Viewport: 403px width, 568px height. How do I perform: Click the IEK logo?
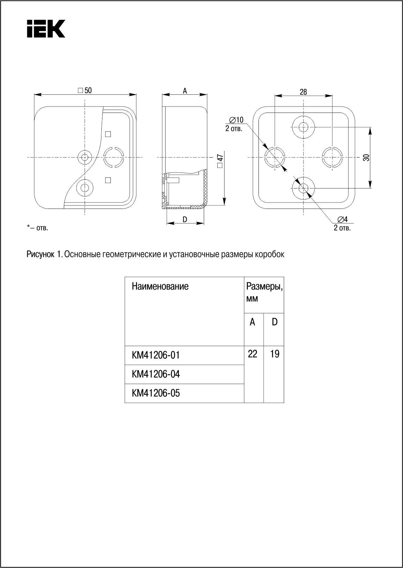coord(46,29)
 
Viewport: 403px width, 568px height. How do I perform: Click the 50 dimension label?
coord(85,91)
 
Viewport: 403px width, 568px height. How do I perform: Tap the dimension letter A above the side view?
coord(185,91)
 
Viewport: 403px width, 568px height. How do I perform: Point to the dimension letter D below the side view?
coord(185,220)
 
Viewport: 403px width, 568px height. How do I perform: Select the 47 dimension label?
coord(220,159)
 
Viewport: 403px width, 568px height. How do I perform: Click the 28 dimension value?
coord(303,92)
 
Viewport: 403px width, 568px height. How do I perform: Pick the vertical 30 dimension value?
coord(366,158)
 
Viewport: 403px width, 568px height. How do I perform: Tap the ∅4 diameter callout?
coord(342,219)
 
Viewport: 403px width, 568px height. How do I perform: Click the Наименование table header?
coord(160,286)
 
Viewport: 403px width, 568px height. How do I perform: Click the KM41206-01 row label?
coord(155,356)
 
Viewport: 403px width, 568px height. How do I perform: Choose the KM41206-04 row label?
coord(155,374)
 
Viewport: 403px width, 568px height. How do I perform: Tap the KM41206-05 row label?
coord(155,393)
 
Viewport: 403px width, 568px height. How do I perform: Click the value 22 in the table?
coord(253,354)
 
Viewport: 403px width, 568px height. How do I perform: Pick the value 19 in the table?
coord(274,354)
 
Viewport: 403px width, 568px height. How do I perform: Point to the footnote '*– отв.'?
coord(37,228)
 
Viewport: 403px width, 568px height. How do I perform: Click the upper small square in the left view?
coord(108,134)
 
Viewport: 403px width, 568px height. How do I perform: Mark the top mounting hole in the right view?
coord(303,127)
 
